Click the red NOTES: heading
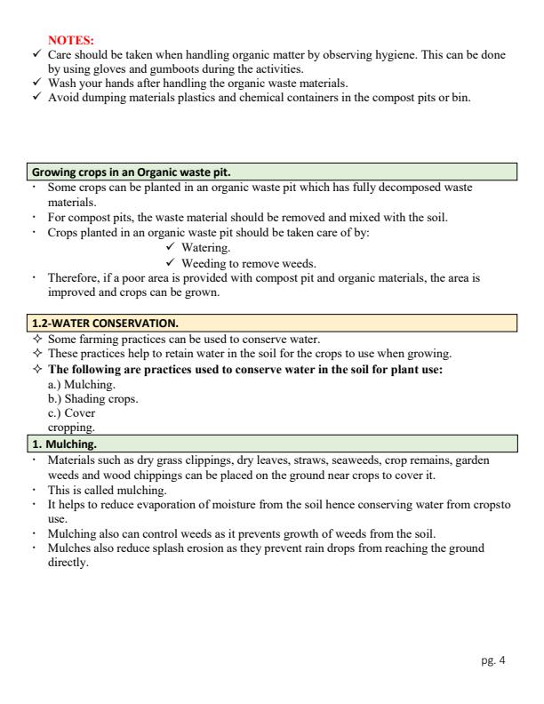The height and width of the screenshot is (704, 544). (x=71, y=41)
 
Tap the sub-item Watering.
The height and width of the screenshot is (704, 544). (x=205, y=248)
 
